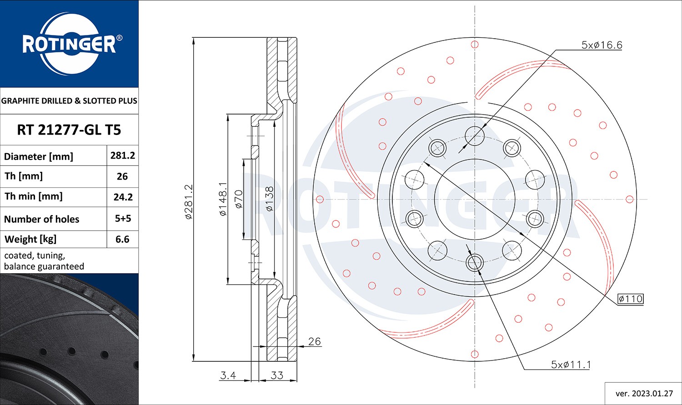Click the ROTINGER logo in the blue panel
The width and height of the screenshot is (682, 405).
(69, 44)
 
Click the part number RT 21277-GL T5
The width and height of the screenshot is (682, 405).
(69, 130)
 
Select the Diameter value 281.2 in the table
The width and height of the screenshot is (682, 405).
(122, 155)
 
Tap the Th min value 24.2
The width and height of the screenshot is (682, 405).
(122, 197)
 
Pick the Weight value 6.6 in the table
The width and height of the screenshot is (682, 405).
(122, 239)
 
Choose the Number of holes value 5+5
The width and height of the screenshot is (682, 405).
(123, 219)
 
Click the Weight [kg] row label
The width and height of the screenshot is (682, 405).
(31, 239)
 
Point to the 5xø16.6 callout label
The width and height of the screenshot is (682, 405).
(602, 45)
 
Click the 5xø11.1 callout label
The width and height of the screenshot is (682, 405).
(571, 365)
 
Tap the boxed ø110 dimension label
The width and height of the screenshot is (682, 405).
(630, 299)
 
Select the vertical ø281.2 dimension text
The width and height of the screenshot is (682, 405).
(190, 201)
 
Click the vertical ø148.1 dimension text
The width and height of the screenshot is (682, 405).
(223, 199)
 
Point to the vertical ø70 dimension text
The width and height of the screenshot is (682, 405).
(239, 199)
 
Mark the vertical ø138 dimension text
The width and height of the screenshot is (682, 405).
(269, 199)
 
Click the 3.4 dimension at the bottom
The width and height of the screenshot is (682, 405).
(228, 375)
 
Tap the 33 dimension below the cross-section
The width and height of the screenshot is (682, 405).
(277, 375)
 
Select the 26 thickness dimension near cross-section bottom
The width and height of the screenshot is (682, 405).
(314, 341)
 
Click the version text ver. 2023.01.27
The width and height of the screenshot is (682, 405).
(643, 393)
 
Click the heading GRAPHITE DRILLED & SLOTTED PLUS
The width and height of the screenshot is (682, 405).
(69, 101)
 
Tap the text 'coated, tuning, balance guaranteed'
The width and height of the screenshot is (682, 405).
(44, 261)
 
